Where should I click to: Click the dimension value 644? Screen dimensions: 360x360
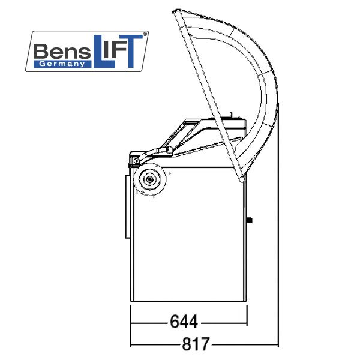point(184,322)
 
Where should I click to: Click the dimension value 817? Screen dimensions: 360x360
point(196,344)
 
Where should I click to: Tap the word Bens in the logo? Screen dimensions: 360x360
point(62,52)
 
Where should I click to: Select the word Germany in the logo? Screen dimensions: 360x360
point(62,64)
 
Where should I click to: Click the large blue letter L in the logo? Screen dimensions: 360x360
point(103,52)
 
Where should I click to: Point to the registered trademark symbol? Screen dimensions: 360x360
point(145,34)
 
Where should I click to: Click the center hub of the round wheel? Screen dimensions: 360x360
point(150,179)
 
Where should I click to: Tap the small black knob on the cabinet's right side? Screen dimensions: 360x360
point(250,220)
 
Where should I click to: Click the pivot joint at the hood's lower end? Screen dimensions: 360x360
point(241,179)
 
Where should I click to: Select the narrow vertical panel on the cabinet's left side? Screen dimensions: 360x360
point(127,206)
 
